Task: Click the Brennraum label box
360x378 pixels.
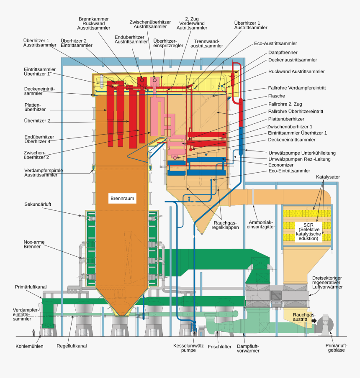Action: tap(123, 198)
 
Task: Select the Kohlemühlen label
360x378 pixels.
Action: tap(29, 346)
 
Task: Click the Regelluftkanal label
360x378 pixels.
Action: tap(72, 346)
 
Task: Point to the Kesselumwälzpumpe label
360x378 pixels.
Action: tap(188, 348)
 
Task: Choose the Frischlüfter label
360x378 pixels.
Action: tap(219, 347)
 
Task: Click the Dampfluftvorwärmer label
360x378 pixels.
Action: tap(248, 348)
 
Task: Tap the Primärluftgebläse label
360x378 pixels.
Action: tap(336, 348)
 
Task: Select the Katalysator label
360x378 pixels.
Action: tap(328, 177)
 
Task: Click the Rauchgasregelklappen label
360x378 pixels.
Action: tap(225, 225)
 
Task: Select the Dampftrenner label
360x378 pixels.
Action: tap(283, 53)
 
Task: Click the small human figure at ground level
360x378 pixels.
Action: tap(34, 333)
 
